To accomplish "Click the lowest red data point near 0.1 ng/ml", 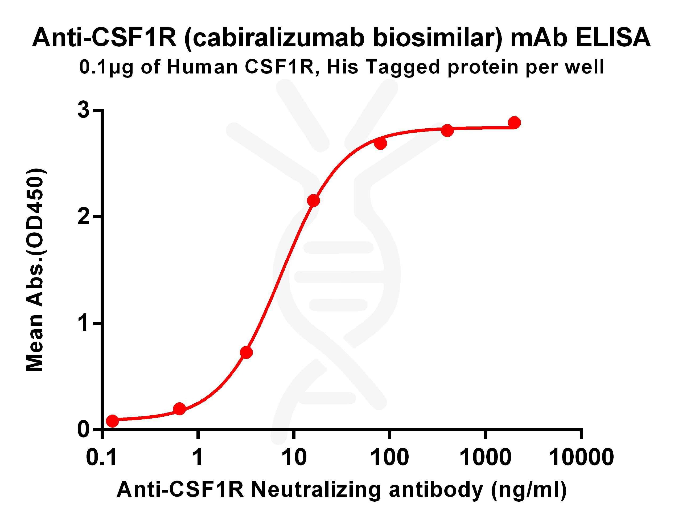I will pyautogui.click(x=112, y=421).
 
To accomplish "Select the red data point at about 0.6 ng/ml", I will pyautogui.click(x=179, y=409).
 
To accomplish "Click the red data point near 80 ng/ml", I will pyautogui.click(x=380, y=144).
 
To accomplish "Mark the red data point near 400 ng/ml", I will pyautogui.click(x=447, y=130).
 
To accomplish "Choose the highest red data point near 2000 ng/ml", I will pyautogui.click(x=514, y=122).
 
